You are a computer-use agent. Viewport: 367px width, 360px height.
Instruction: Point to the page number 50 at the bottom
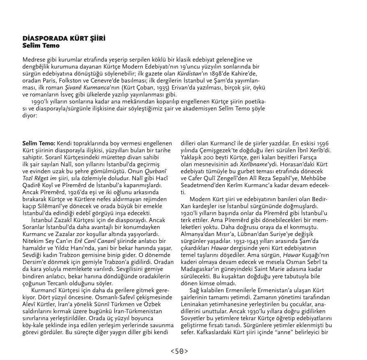point(180,351)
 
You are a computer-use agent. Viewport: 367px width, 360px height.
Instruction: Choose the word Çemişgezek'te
point(210,151)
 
